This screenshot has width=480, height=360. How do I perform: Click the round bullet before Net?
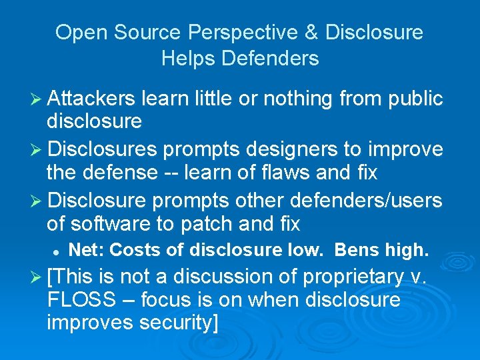57,251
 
